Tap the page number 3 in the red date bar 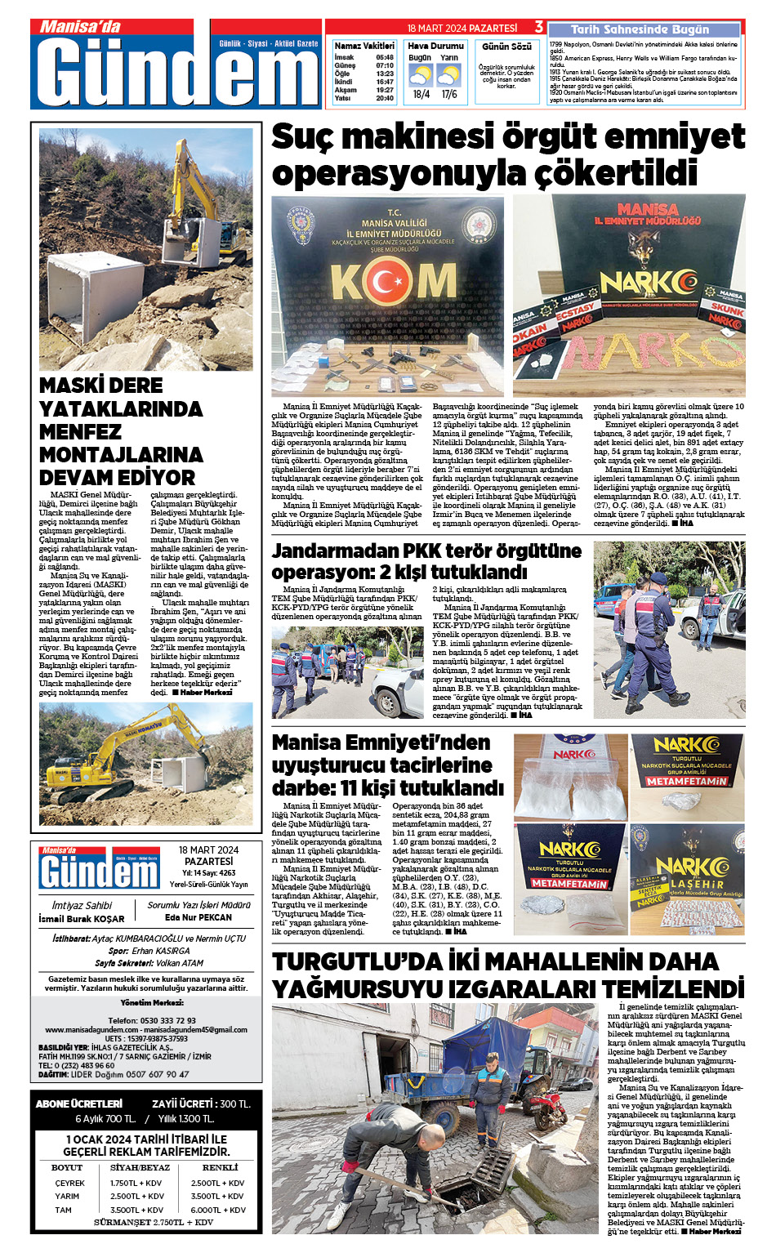tap(539, 27)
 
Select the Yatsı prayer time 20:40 tap(385, 98)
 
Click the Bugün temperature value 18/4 tap(421, 94)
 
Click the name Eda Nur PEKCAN tap(198, 917)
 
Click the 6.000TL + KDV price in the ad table tap(218, 1210)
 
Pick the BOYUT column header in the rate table tap(67, 1167)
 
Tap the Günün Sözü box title tap(506, 47)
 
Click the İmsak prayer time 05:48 tap(385, 58)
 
